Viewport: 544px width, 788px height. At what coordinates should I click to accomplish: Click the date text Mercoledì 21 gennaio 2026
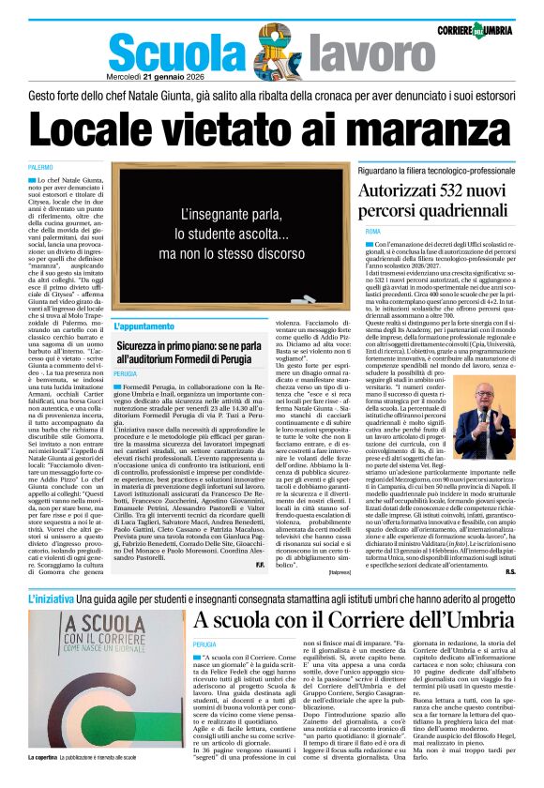click(157, 77)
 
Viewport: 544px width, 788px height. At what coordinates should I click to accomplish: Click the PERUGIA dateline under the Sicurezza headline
click(126, 373)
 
